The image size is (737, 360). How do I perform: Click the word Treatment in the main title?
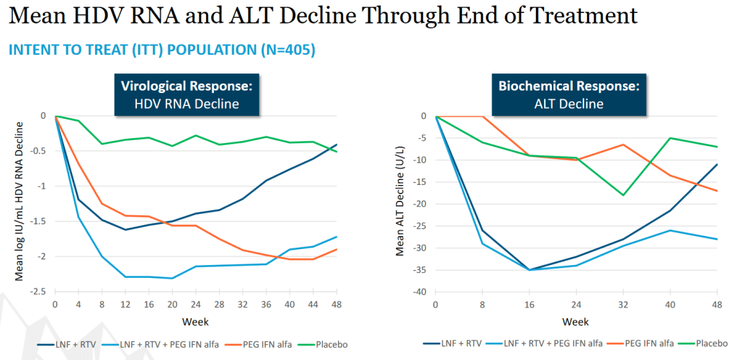click(581, 17)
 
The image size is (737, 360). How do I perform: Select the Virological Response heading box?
click(187, 94)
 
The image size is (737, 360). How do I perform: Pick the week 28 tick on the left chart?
click(220, 304)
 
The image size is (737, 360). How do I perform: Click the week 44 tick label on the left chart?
click(313, 304)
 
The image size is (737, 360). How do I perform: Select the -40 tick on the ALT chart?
click(420, 292)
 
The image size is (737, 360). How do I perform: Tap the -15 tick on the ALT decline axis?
click(420, 182)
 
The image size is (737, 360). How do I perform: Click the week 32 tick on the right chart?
click(623, 305)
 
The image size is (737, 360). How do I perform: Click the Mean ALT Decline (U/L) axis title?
click(400, 203)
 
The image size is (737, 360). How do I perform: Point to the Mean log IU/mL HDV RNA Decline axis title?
click(19, 201)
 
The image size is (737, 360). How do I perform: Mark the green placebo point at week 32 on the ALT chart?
click(623, 195)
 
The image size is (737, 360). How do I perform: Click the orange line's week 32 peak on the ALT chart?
click(623, 144)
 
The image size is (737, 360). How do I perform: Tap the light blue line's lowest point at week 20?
click(172, 278)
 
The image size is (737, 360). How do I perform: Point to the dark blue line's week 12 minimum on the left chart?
click(125, 230)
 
